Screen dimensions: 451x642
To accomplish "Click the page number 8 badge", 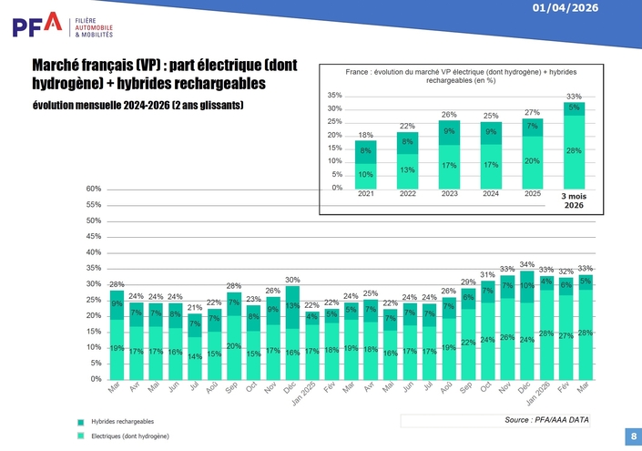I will tap(632, 436).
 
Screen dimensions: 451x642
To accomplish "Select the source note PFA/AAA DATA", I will tap(546, 420).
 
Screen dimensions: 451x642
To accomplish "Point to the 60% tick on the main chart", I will tap(94, 190).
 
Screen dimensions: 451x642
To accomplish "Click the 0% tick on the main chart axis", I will tap(96, 379).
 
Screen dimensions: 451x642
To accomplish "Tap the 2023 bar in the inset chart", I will tap(449, 154).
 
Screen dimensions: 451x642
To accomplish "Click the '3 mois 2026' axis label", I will tap(574, 201).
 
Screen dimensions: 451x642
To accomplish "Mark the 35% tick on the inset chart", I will tap(335, 96).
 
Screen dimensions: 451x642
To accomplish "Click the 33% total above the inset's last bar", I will tap(574, 97).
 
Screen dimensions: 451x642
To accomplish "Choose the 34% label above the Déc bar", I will tap(526, 265).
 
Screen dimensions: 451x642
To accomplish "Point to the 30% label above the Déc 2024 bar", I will tap(292, 280).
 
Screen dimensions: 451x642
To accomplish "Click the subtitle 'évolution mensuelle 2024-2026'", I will tap(138, 107).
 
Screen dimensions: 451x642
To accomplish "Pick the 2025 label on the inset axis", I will tap(533, 193).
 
